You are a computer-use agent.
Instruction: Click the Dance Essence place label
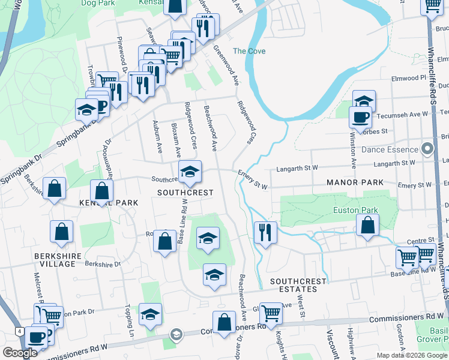(390, 149)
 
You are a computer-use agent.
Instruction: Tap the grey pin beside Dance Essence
(427, 148)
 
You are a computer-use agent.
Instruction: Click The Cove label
(249, 51)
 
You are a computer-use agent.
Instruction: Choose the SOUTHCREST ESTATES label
(298, 285)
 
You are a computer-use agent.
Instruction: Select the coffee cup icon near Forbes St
(361, 116)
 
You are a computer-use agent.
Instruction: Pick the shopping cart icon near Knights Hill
(271, 313)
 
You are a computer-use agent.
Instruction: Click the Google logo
(20, 353)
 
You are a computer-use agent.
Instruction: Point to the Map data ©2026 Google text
(412, 355)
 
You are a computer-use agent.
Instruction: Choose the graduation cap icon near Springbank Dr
(86, 110)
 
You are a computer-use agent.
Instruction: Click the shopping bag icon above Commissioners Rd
(224, 322)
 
